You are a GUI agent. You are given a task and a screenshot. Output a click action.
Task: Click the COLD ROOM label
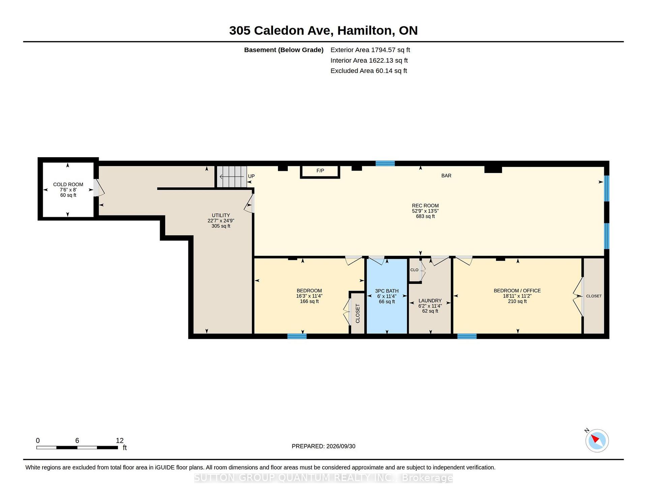click(68, 184)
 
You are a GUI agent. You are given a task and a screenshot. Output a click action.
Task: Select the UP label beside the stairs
click(251, 176)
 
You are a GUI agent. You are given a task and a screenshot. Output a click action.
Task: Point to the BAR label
click(446, 176)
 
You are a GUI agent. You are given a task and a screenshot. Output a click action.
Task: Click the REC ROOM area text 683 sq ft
click(425, 216)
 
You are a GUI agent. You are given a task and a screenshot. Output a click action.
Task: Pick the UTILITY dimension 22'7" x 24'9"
click(221, 221)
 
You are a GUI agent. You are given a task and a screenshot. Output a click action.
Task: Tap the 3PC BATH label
click(387, 291)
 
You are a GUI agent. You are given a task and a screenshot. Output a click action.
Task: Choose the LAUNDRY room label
click(430, 301)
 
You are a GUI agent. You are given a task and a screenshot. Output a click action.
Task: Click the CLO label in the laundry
click(414, 270)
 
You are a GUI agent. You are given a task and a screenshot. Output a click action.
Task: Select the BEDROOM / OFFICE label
click(517, 291)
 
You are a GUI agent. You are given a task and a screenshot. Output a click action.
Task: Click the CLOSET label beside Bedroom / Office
click(594, 296)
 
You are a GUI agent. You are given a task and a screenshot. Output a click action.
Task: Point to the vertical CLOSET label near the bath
click(358, 314)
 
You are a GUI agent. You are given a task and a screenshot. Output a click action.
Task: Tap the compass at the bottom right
click(597, 440)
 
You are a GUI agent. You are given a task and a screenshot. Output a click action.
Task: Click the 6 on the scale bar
click(77, 440)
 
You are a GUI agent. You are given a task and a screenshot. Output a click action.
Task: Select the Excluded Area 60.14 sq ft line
click(369, 71)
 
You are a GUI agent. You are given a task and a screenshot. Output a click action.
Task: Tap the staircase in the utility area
click(232, 176)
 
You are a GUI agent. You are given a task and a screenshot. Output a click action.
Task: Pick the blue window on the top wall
click(385, 164)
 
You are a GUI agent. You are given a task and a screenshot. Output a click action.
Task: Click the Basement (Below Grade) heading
click(284, 50)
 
